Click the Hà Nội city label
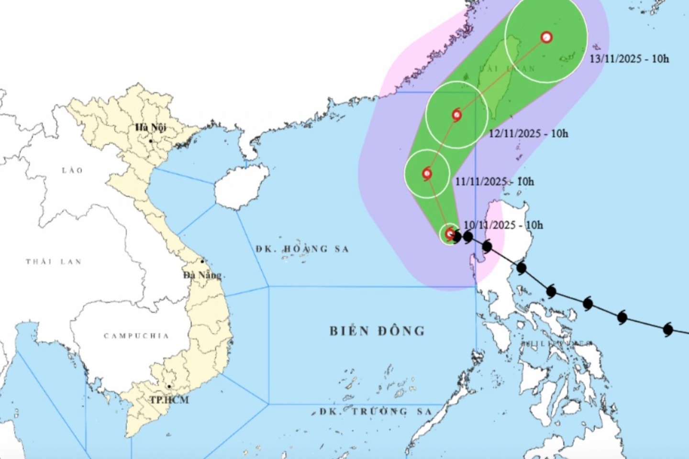(x=150, y=128)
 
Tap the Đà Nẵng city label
(x=202, y=275)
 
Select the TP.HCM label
(x=169, y=400)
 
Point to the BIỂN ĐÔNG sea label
(x=377, y=331)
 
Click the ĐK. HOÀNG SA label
(x=302, y=249)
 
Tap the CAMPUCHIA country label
(x=136, y=336)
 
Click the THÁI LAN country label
(x=54, y=262)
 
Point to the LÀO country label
(x=72, y=170)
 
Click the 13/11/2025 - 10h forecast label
(x=629, y=59)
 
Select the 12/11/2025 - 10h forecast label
(x=528, y=133)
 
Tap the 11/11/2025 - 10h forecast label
(x=494, y=182)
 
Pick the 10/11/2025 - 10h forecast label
(x=503, y=225)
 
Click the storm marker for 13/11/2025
(x=546, y=37)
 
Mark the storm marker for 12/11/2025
(x=457, y=115)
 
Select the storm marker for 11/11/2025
(x=427, y=174)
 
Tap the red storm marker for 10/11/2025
(x=450, y=234)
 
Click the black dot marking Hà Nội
(x=150, y=141)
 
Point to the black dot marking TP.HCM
(x=169, y=387)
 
